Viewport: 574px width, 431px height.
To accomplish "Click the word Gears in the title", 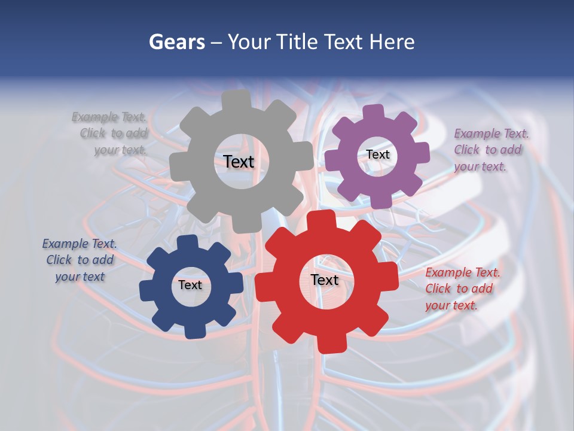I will pyautogui.click(x=176, y=42).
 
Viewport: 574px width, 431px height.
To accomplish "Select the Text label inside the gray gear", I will pyautogui.click(x=239, y=162).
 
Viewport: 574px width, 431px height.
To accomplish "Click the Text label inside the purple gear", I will pyautogui.click(x=378, y=154).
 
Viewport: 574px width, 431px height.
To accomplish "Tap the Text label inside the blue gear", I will pyautogui.click(x=190, y=286).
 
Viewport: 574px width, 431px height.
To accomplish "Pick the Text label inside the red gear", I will pyautogui.click(x=325, y=280).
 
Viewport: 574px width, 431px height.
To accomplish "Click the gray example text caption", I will pyautogui.click(x=111, y=133).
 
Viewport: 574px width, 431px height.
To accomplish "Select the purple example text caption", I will pyautogui.click(x=490, y=150).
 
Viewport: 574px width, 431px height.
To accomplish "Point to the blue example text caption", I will pyautogui.click(x=80, y=260).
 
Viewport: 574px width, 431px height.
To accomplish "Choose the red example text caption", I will pyautogui.click(x=462, y=289).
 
